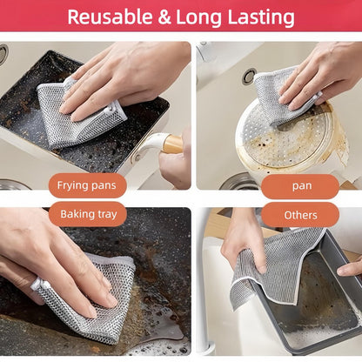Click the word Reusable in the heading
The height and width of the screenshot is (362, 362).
[109, 17]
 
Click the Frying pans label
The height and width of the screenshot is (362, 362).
[87, 185]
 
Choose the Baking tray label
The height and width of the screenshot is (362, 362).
[87, 213]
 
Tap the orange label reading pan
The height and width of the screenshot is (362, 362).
[300, 185]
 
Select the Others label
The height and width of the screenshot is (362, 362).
[300, 214]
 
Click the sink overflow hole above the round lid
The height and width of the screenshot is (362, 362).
[249, 77]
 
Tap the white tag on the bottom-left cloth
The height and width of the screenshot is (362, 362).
[36, 285]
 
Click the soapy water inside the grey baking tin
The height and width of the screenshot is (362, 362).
[313, 305]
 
